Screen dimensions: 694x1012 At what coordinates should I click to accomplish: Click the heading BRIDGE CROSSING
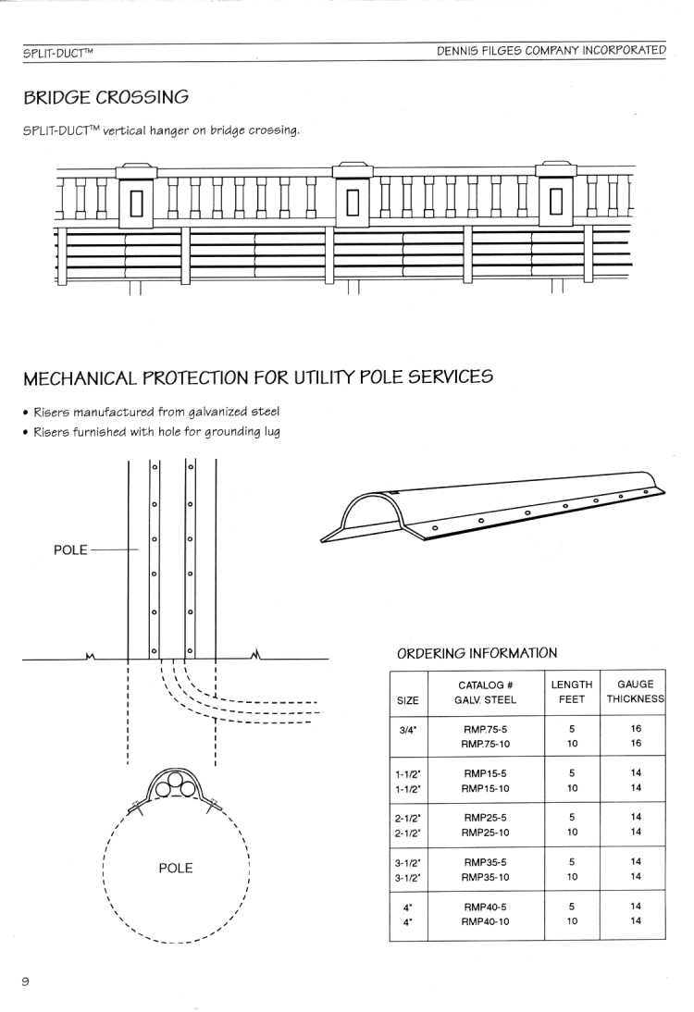(105, 97)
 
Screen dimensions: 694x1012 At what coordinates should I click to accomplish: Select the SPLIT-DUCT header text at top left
(57, 53)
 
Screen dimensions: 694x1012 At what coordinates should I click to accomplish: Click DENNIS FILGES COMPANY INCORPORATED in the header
(551, 50)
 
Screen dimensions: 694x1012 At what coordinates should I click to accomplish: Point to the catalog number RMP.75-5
(485, 729)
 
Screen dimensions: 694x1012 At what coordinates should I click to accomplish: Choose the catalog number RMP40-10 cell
(485, 921)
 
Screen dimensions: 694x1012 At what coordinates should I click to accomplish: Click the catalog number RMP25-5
(485, 817)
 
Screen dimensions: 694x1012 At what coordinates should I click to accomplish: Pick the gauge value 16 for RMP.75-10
(636, 744)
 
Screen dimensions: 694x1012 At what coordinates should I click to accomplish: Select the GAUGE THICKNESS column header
(636, 691)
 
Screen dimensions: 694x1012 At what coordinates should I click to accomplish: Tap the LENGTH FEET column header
(571, 692)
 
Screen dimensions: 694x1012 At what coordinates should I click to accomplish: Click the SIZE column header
(407, 700)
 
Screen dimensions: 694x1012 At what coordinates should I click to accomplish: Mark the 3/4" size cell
(407, 729)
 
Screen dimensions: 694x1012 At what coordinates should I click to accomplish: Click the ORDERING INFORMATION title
(477, 652)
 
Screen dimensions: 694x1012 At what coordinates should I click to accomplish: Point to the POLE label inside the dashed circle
(176, 868)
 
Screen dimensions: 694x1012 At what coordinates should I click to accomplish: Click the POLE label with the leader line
(70, 549)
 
